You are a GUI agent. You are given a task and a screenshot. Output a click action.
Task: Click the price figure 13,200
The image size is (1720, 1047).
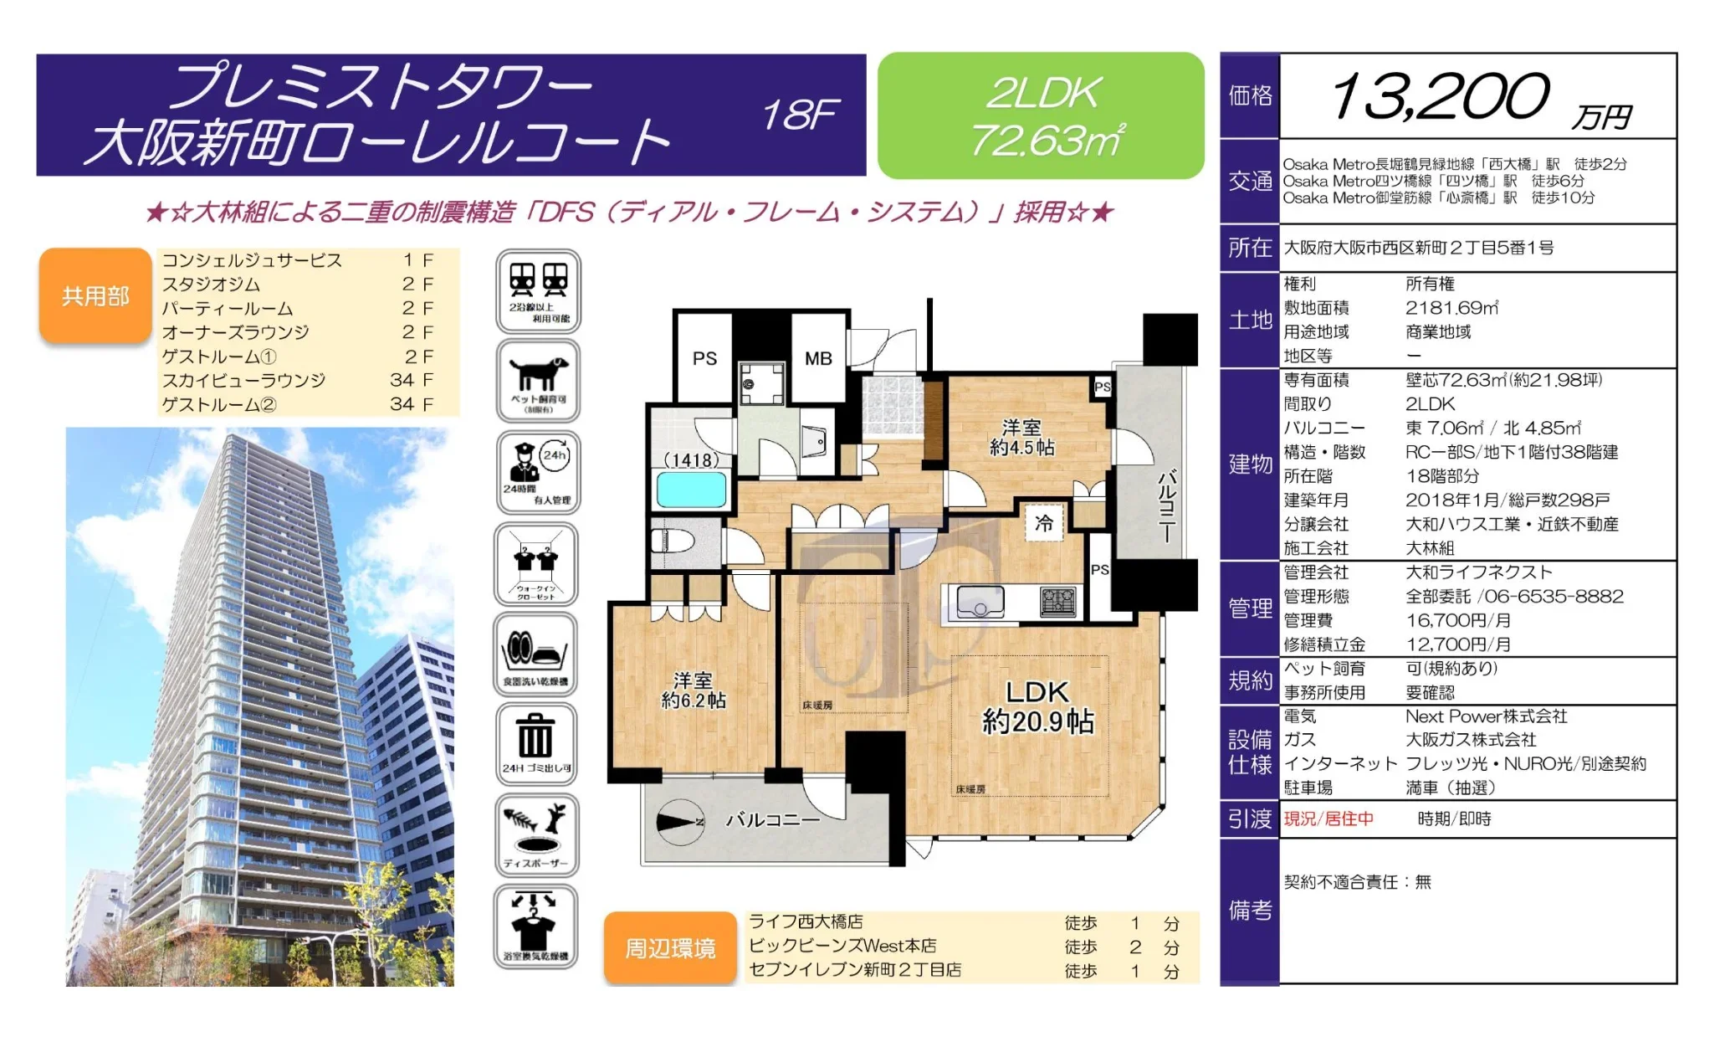click(x=1439, y=96)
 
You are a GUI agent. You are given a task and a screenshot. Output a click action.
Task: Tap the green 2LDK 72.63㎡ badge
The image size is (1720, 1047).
click(x=1041, y=115)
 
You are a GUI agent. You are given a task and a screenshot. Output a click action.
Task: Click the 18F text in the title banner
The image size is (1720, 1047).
click(x=799, y=115)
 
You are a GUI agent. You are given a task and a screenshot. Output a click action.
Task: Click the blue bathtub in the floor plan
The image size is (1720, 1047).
click(x=691, y=490)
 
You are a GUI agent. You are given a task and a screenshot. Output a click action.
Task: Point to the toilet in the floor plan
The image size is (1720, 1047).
click(x=673, y=541)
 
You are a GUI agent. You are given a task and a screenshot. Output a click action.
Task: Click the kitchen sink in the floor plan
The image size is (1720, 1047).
click(x=980, y=601)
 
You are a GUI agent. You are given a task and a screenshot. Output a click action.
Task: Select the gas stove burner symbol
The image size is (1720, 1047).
click(x=1058, y=601)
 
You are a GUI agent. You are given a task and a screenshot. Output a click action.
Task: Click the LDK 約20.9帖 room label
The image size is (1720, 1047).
click(x=1037, y=707)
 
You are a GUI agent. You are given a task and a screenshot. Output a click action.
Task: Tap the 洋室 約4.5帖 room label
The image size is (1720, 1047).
click(x=1021, y=438)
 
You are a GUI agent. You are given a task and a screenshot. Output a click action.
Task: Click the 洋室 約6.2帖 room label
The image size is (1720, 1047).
click(x=693, y=690)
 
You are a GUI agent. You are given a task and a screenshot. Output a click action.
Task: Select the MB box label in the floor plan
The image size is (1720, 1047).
click(x=818, y=358)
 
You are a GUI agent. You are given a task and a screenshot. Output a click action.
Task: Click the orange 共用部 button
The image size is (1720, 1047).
click(x=95, y=295)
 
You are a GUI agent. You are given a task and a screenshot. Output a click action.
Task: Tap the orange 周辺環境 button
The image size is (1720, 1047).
click(x=670, y=948)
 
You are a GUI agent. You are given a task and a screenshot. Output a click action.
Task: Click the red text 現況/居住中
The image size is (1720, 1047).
click(x=1328, y=819)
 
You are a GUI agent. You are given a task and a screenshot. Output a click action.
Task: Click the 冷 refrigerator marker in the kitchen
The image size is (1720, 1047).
click(x=1044, y=523)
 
